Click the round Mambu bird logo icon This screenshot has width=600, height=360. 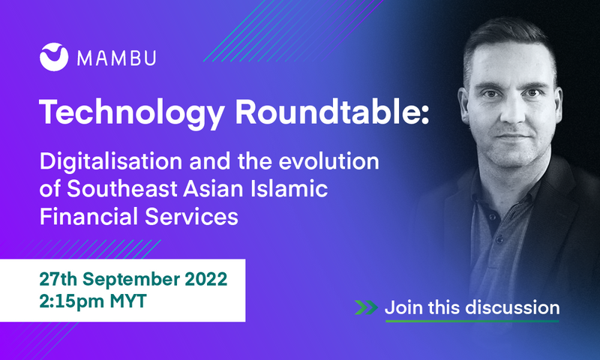click(x=54, y=57)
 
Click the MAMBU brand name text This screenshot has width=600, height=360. click(x=116, y=58)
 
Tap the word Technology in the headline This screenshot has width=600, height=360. click(x=132, y=113)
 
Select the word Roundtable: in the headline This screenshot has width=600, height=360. click(x=331, y=112)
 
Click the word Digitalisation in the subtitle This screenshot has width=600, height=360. click(x=111, y=162)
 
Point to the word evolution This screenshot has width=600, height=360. click(x=328, y=161)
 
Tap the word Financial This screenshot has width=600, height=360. click(x=89, y=216)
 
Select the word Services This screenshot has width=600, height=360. click(x=191, y=216)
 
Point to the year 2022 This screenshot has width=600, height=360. click(x=206, y=279)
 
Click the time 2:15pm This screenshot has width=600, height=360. click(x=71, y=301)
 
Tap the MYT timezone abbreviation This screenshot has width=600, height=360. click(x=128, y=301)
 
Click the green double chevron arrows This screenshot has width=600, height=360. click(x=366, y=307)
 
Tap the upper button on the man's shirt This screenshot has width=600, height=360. click(x=493, y=217)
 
